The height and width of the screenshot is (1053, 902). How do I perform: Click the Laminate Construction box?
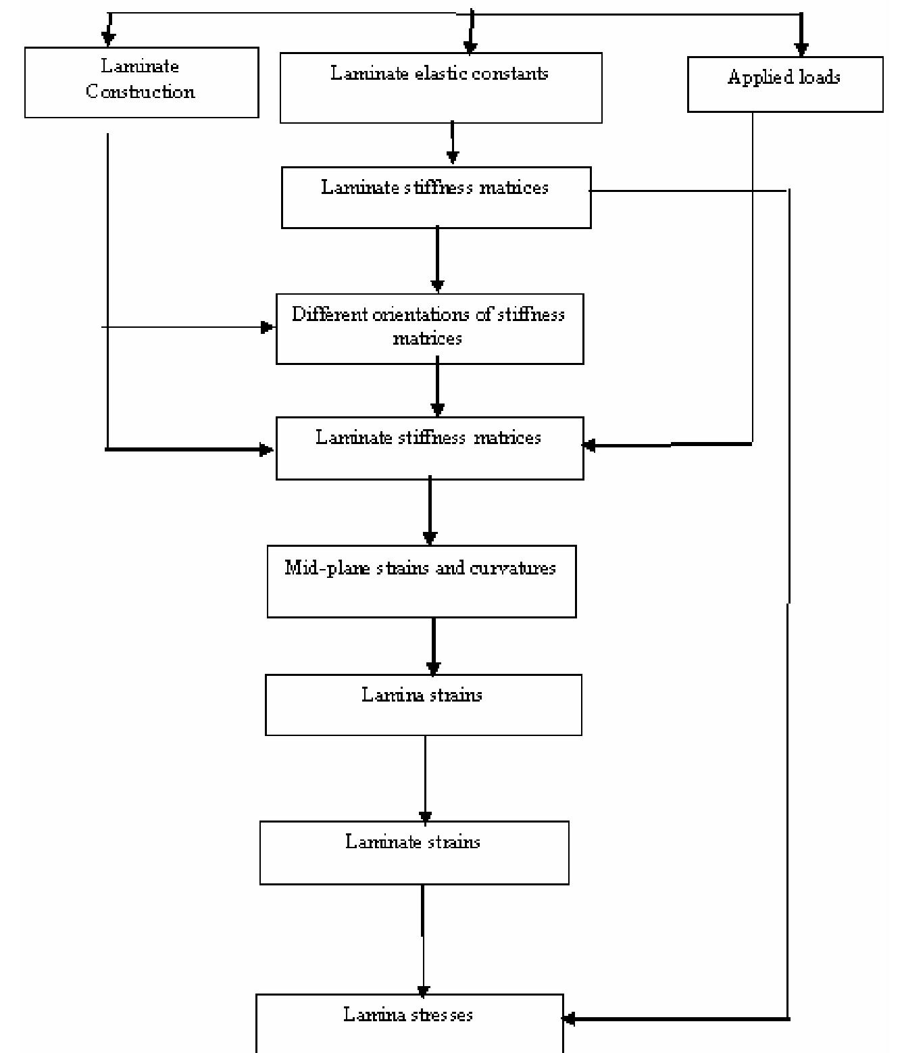coord(141,82)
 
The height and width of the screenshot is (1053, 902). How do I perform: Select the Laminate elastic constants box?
coord(441,88)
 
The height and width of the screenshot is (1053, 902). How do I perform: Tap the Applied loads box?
coord(784,84)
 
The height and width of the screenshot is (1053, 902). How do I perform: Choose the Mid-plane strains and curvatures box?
coord(421,581)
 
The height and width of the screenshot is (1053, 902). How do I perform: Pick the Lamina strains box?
coord(423,705)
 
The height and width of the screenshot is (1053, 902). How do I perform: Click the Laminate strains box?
coord(414,852)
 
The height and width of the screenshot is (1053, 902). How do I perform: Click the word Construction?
coord(141,92)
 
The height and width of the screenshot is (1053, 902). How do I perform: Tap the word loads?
coord(819,78)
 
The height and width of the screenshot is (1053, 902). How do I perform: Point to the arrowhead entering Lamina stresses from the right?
coord(569,1019)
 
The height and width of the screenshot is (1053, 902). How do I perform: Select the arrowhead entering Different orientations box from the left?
coord(268,328)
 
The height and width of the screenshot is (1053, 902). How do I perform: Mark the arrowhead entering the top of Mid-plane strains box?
coord(430,539)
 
